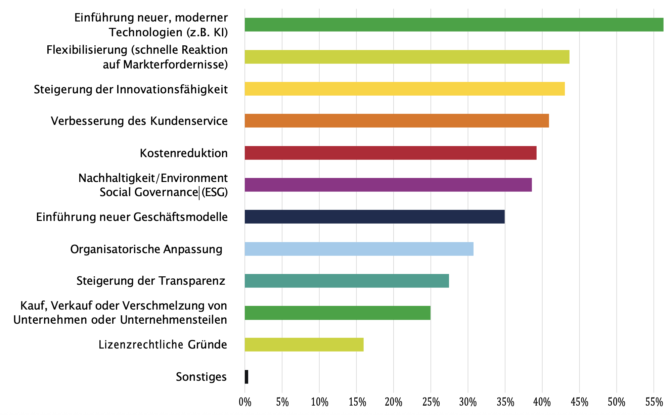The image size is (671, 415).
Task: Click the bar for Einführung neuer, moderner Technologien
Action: pos(453,25)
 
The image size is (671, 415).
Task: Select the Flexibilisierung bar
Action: pos(406,57)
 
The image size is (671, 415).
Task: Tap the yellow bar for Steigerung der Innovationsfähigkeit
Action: pos(404,89)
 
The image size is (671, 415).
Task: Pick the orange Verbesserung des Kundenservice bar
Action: pos(396,121)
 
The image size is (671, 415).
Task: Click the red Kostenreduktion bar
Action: pos(390,153)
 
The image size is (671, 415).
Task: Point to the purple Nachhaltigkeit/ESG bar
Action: pos(388,185)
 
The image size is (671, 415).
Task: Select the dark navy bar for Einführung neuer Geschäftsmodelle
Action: pos(374,217)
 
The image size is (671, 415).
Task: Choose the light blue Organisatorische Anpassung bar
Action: pos(359,249)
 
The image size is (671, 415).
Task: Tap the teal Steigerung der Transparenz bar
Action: pos(347,281)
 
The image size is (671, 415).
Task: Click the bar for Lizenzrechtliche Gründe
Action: pos(304,344)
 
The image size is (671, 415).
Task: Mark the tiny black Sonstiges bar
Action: pos(247,377)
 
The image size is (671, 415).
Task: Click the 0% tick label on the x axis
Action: pos(245,402)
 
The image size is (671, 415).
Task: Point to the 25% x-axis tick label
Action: pos(431,402)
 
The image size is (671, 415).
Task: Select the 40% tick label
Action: pos(542,402)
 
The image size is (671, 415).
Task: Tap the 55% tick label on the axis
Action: pos(654,402)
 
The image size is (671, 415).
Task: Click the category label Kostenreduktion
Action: pos(184,153)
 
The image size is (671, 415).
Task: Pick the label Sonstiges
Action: pos(201,377)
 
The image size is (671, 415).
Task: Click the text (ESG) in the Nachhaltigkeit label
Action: pos(214,192)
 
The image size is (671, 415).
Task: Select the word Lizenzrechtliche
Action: pos(140,345)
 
